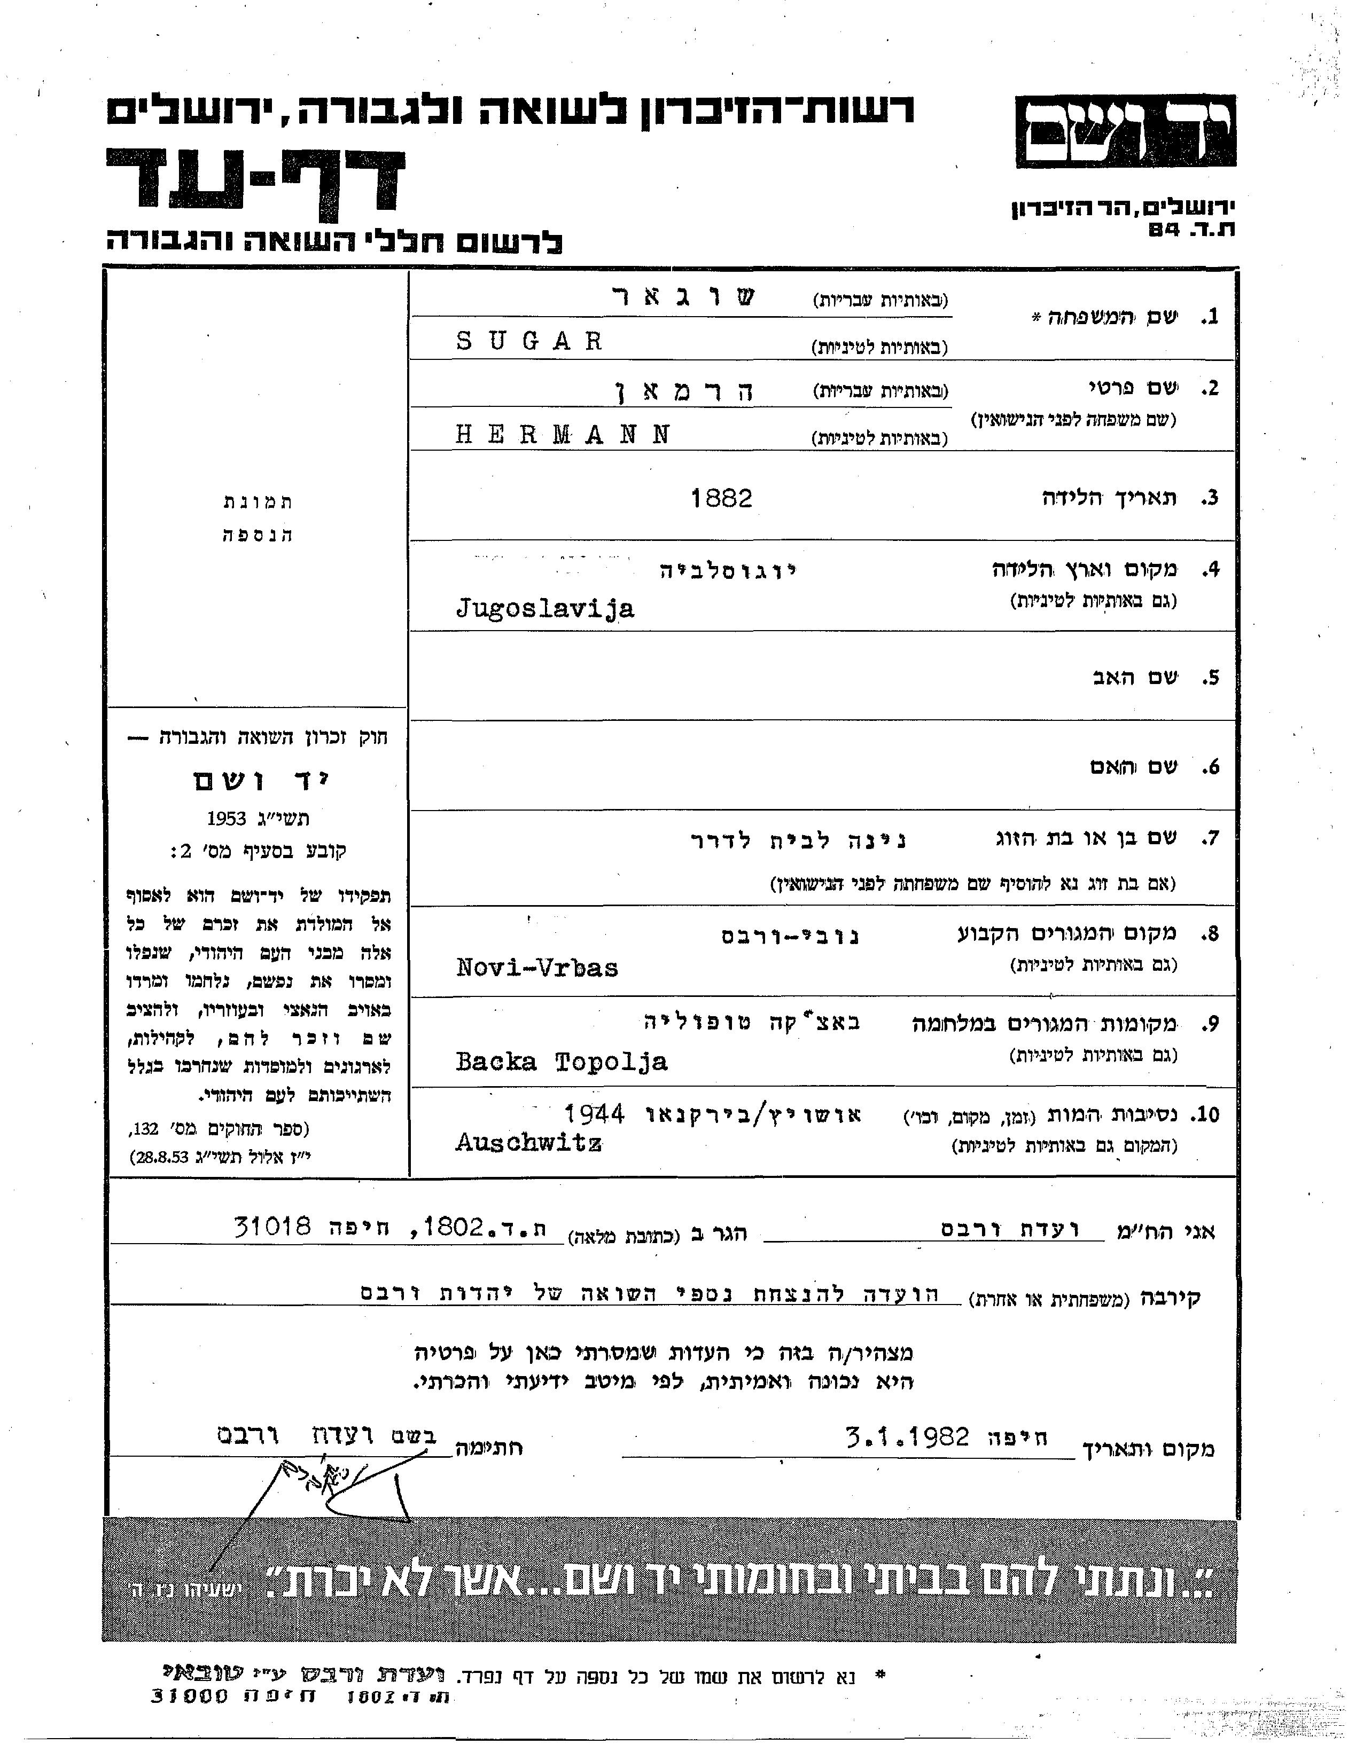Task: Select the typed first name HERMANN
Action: pos(563,435)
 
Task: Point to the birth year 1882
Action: pos(721,499)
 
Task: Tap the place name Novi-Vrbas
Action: pos(537,967)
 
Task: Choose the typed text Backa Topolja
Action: pos(561,1062)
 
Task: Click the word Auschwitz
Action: pos(529,1143)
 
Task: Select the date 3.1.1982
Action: pos(907,1437)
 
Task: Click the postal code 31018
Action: pos(272,1227)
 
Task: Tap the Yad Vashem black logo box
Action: pos(1125,131)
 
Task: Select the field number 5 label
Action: pos(1207,678)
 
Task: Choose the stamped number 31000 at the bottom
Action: pos(190,1695)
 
